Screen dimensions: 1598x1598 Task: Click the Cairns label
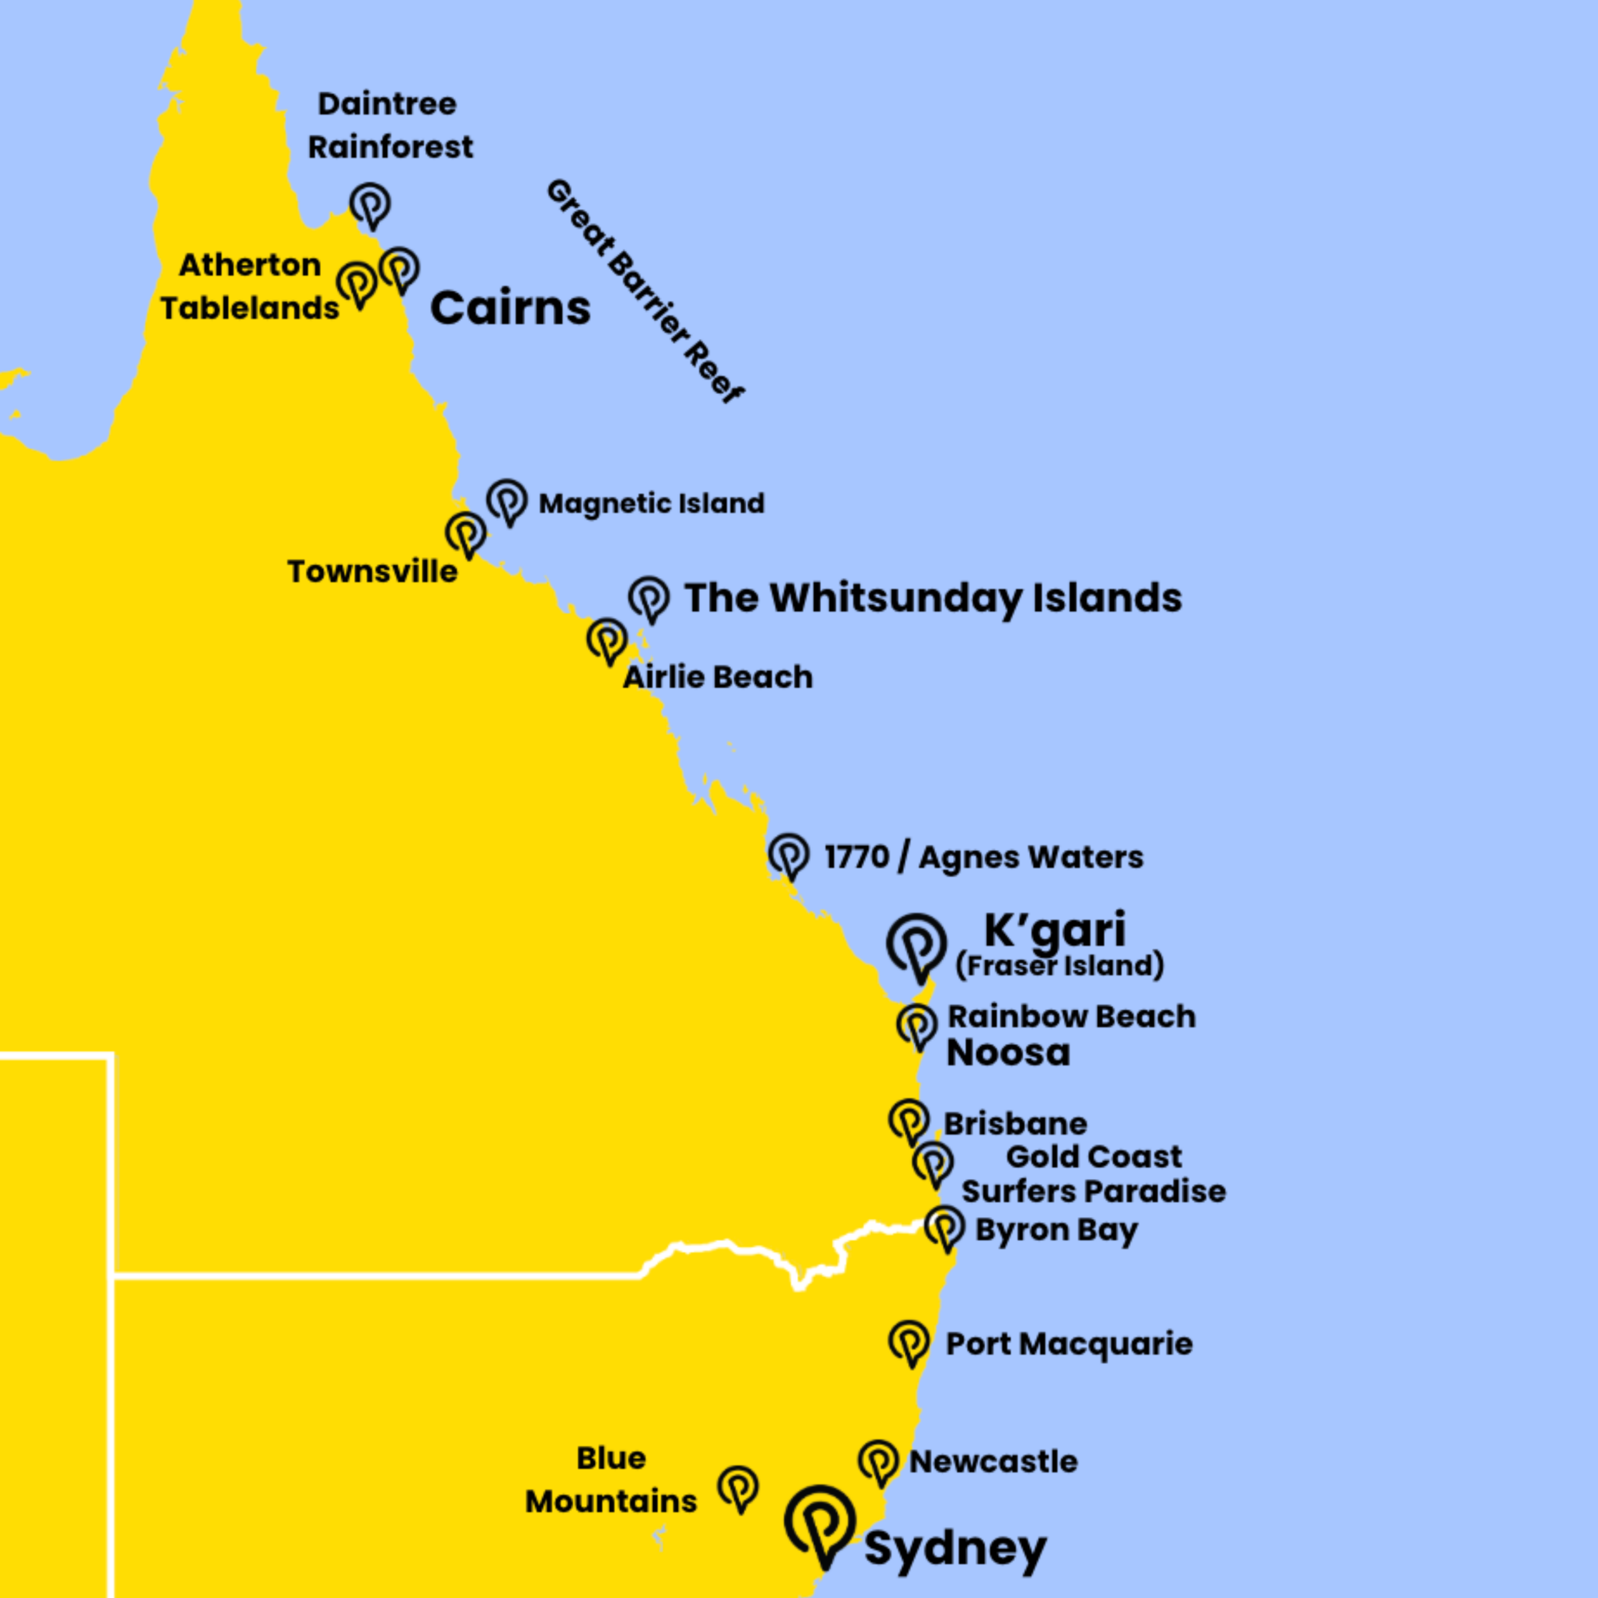tap(511, 308)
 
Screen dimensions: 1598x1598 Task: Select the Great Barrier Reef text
tap(645, 290)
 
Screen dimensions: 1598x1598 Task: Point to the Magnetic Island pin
tap(507, 499)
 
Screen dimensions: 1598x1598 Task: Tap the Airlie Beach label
tap(718, 677)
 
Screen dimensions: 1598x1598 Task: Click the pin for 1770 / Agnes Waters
tap(788, 853)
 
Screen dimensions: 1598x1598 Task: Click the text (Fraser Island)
tap(1059, 965)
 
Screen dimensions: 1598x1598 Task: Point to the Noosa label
tap(1008, 1052)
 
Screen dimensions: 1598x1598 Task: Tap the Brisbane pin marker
tap(909, 1120)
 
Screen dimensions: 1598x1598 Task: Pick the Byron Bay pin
tap(944, 1226)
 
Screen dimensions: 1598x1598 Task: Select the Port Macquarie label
tap(1069, 1344)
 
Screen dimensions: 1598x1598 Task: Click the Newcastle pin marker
tap(878, 1461)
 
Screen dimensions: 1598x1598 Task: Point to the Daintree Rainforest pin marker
tap(370, 203)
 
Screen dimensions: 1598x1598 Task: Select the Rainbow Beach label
tap(1071, 1016)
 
